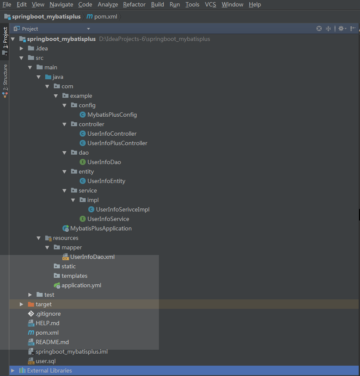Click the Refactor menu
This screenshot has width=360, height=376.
coord(134,4)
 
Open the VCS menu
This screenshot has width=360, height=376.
coord(210,4)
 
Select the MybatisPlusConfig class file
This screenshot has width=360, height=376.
coord(112,115)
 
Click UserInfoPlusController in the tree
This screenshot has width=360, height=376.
coord(117,143)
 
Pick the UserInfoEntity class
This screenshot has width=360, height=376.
coord(106,181)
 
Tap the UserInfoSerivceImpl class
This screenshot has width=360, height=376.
coord(122,209)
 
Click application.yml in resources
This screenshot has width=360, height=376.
coord(81,285)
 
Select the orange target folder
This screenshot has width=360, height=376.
coord(43,304)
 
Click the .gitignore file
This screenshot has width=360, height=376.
coord(48,314)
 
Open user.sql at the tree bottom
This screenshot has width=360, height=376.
coord(45,361)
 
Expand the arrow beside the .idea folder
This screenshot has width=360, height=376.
coord(22,48)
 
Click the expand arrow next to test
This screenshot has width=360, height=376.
coord(30,295)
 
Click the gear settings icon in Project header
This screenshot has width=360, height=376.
coord(341,28)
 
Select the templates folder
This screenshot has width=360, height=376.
coord(74,276)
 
